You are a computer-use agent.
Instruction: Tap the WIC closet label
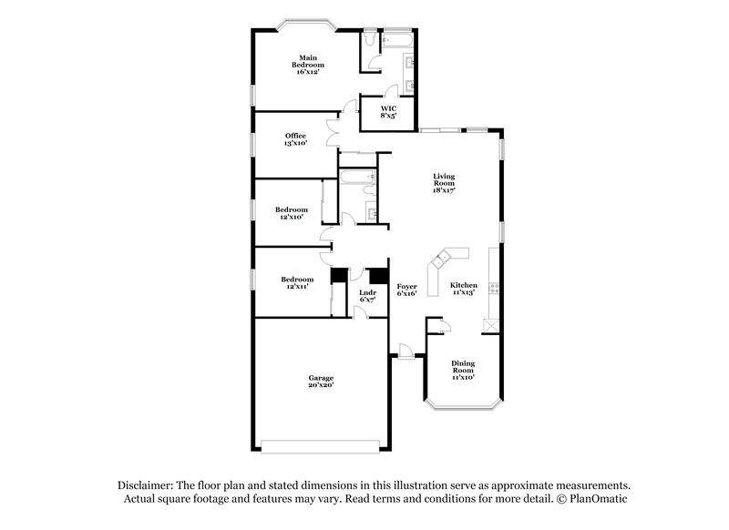click(388, 111)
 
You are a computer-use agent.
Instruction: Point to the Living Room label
click(444, 181)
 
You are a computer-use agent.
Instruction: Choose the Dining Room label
click(464, 368)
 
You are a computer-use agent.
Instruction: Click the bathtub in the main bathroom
click(398, 41)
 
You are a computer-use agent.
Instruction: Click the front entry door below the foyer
click(405, 352)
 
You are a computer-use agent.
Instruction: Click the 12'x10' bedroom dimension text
click(290, 218)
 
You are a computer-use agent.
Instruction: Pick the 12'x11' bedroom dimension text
click(297, 287)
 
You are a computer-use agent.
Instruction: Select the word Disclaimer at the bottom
click(147, 485)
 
